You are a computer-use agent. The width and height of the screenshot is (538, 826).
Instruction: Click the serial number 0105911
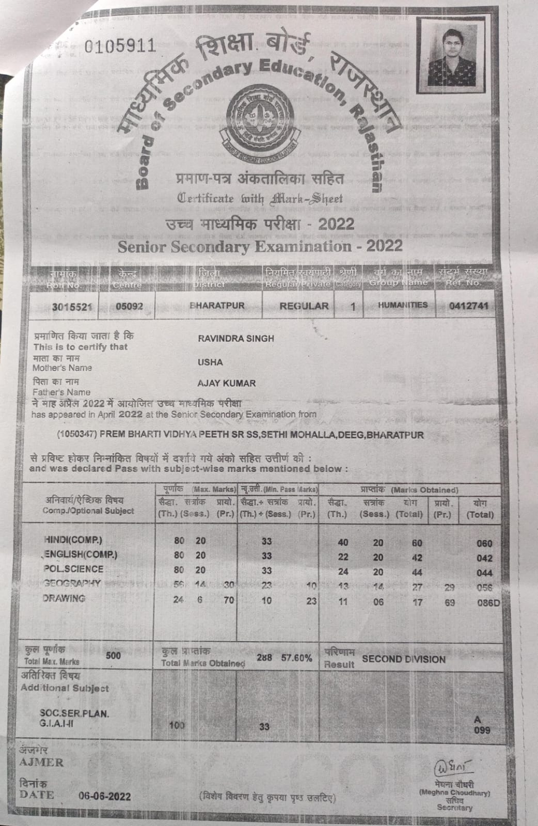tap(119, 46)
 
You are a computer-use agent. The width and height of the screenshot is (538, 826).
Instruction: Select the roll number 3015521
tap(72, 307)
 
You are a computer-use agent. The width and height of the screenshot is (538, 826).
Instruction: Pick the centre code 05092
tap(129, 306)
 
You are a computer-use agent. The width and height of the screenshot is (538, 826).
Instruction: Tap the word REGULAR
tap(304, 306)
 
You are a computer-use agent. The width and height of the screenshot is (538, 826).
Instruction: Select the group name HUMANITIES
tap(403, 305)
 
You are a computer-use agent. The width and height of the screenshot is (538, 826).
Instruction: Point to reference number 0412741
tap(468, 306)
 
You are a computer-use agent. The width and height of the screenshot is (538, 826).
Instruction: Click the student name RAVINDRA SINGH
tap(236, 339)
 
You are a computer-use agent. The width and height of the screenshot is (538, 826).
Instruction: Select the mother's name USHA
tap(210, 362)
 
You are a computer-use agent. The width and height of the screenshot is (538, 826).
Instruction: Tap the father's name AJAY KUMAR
tap(226, 383)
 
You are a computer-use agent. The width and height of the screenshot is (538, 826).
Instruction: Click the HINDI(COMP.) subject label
tap(73, 540)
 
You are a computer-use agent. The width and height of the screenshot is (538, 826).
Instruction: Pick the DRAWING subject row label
tap(64, 598)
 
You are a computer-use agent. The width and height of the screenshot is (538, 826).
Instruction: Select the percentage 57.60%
tap(296, 658)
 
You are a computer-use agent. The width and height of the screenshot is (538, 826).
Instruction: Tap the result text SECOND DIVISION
tap(404, 659)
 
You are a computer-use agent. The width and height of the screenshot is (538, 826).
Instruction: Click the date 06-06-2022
tap(104, 796)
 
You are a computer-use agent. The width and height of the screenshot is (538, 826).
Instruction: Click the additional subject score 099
tap(482, 730)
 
